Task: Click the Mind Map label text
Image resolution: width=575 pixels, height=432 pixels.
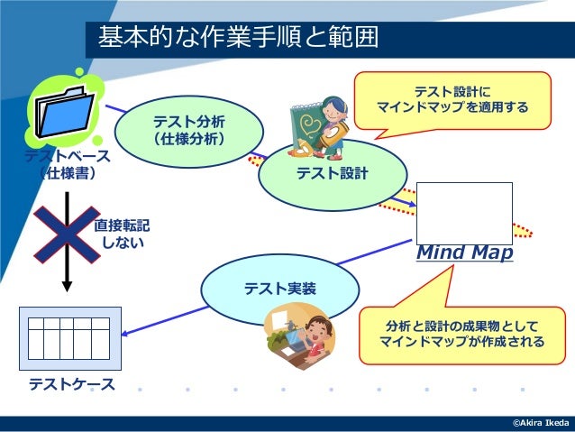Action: [x=464, y=253]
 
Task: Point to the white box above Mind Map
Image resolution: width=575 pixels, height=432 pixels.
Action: [x=465, y=213]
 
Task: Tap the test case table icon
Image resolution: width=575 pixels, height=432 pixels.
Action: [x=69, y=339]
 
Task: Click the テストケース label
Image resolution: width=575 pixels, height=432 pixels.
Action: [x=72, y=385]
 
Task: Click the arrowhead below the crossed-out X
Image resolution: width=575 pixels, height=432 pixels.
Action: [x=67, y=286]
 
